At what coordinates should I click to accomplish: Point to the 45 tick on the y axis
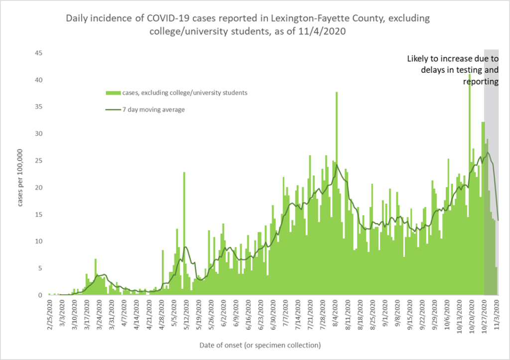point(38,53)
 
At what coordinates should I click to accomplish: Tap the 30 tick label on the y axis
point(38,134)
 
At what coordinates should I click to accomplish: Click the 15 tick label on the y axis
point(38,215)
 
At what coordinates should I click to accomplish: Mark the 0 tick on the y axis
point(40,295)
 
